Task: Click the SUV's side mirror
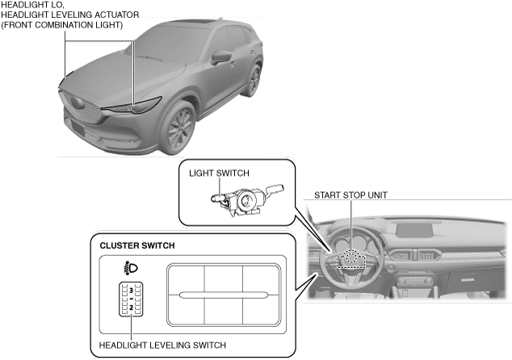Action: coord(221,58)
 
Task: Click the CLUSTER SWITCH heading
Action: coord(136,245)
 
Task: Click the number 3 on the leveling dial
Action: coord(131,289)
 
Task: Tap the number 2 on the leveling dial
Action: coord(131,308)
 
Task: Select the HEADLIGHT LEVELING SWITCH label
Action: coord(162,345)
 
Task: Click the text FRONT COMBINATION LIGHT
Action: coord(62,25)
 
